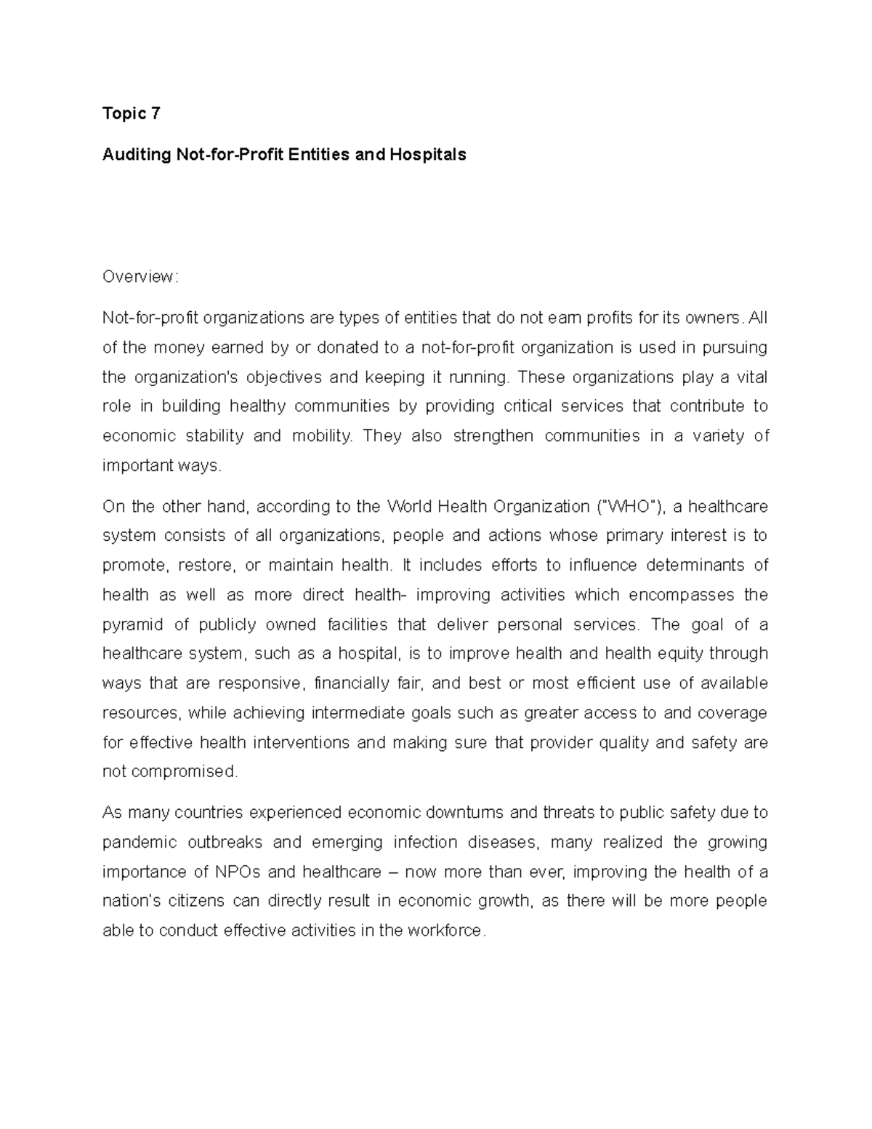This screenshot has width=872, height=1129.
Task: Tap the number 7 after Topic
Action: coord(154,113)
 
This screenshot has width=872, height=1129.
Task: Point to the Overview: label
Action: coord(140,276)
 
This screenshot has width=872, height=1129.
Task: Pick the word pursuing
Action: coord(734,347)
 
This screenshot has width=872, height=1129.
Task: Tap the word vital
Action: coord(751,377)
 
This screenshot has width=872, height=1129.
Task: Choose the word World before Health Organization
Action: coord(410,506)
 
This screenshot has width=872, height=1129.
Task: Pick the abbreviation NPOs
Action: coord(238,872)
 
